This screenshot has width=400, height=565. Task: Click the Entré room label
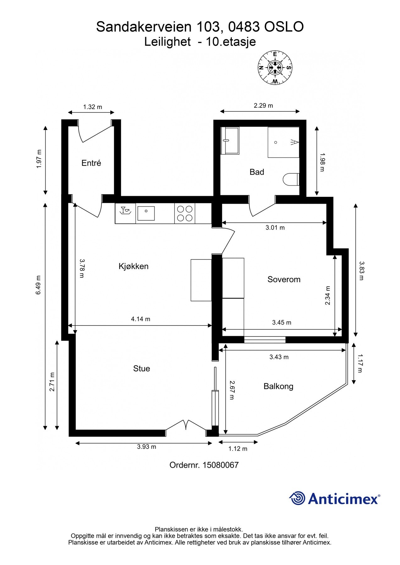pyautogui.click(x=91, y=163)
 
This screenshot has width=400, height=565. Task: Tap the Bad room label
pyautogui.click(x=257, y=172)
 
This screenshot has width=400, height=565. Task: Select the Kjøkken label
pyautogui.click(x=133, y=266)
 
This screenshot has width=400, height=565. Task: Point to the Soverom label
pyautogui.click(x=284, y=279)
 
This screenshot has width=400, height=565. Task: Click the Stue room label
pyautogui.click(x=141, y=369)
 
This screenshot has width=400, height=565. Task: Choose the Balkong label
pyautogui.click(x=278, y=386)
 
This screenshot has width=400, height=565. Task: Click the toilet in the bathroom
pyautogui.click(x=291, y=180)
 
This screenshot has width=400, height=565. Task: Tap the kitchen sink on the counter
pyautogui.click(x=146, y=213)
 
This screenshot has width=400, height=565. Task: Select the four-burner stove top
pyautogui.click(x=185, y=213)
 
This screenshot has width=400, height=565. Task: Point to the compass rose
pyautogui.click(x=275, y=68)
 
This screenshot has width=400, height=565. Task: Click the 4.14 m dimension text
pyautogui.click(x=140, y=319)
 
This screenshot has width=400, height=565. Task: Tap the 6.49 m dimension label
pyautogui.click(x=38, y=285)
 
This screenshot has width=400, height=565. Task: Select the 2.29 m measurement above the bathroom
pyautogui.click(x=263, y=105)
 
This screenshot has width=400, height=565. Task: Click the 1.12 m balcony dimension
pyautogui.click(x=238, y=449)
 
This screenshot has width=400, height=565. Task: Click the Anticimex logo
pyautogui.click(x=334, y=498)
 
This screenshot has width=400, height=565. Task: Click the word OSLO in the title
pyautogui.click(x=284, y=27)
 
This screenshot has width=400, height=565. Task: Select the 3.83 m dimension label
pyautogui.click(x=361, y=271)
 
